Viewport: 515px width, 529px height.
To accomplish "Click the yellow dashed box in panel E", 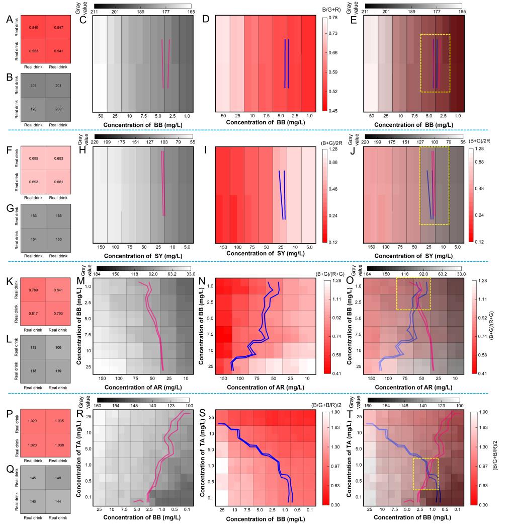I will click(435, 63).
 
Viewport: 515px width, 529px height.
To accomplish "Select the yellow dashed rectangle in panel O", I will click(413, 293).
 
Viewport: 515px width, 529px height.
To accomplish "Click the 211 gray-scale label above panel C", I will click(93, 12).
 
